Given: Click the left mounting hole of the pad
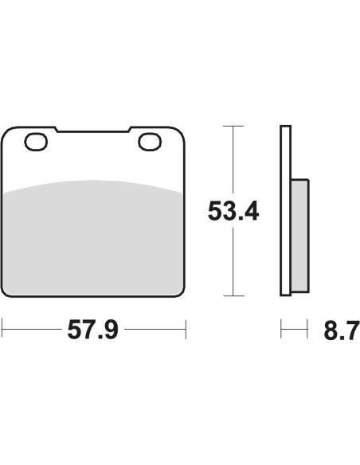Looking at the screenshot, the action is (36, 142).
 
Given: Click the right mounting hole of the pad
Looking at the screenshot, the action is (150, 142).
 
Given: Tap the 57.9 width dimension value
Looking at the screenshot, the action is (93, 330).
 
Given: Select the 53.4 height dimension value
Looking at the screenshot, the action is (233, 211).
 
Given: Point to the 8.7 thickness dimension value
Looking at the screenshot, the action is (342, 330).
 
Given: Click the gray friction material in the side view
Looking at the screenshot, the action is (300, 236).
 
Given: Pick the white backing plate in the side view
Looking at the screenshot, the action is (286, 210).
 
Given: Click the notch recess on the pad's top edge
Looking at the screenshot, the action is (93, 130).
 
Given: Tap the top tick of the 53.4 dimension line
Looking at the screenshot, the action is (233, 126).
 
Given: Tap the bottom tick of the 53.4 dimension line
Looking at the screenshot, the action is (233, 295).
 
